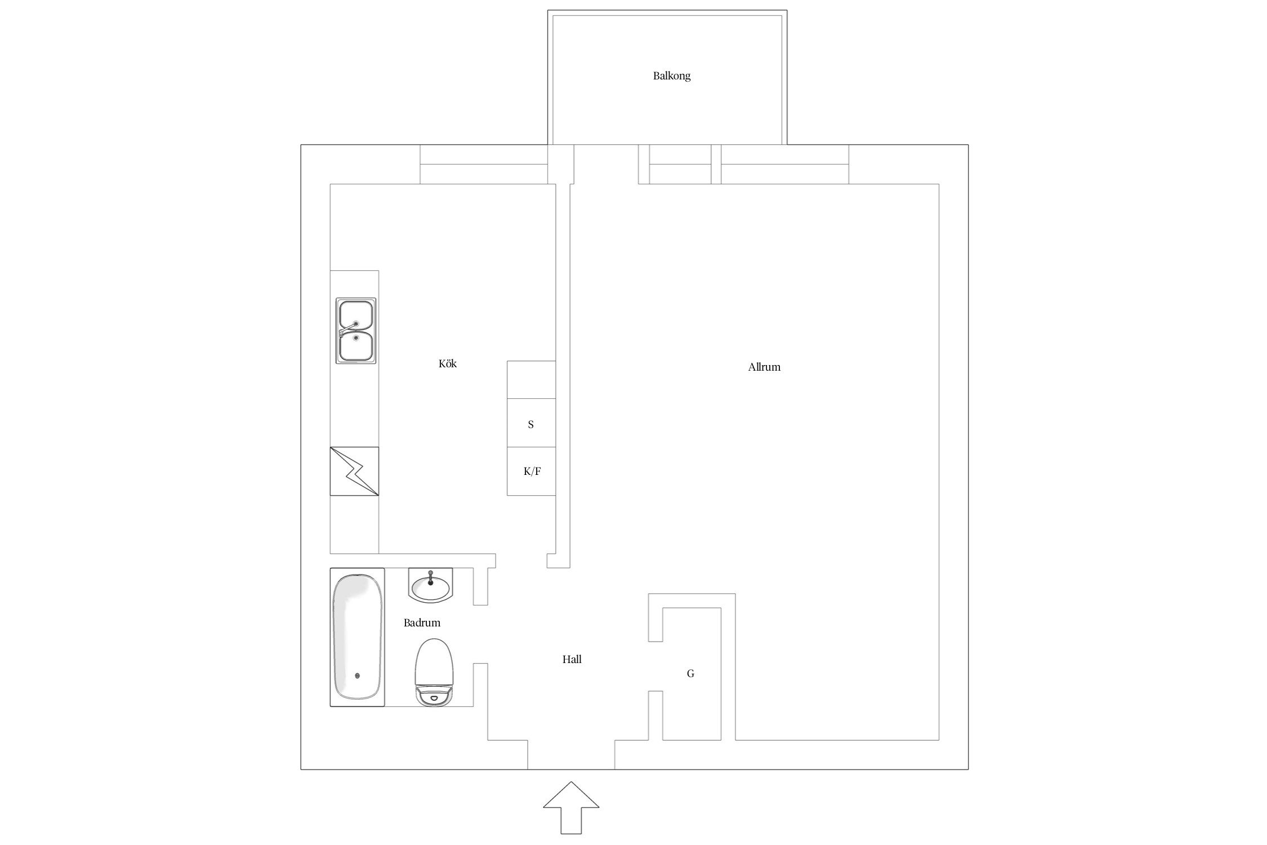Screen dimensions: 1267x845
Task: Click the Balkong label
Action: coord(671,75)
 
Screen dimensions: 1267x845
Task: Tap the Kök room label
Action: coord(448,363)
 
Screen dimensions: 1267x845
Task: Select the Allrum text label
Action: coord(764,367)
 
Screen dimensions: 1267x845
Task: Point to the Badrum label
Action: coord(422,622)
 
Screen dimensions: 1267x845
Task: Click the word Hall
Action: coord(572,659)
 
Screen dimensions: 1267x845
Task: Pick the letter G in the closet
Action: coord(690,673)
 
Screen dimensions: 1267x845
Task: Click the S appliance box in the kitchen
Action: coord(531,423)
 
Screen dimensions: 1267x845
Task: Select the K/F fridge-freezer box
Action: coord(531,472)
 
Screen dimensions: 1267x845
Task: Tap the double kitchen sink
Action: coord(356,331)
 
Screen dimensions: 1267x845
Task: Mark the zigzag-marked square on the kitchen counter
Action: coord(354,472)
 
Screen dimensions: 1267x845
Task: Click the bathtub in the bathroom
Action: coord(357,637)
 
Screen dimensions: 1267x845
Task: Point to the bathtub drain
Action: coord(357,675)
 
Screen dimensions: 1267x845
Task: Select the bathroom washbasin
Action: coord(430,585)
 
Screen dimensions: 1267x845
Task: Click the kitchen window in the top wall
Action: coord(484,164)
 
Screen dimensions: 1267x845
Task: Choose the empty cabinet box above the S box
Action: coord(531,380)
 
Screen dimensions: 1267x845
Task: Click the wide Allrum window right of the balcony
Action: coord(785,164)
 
